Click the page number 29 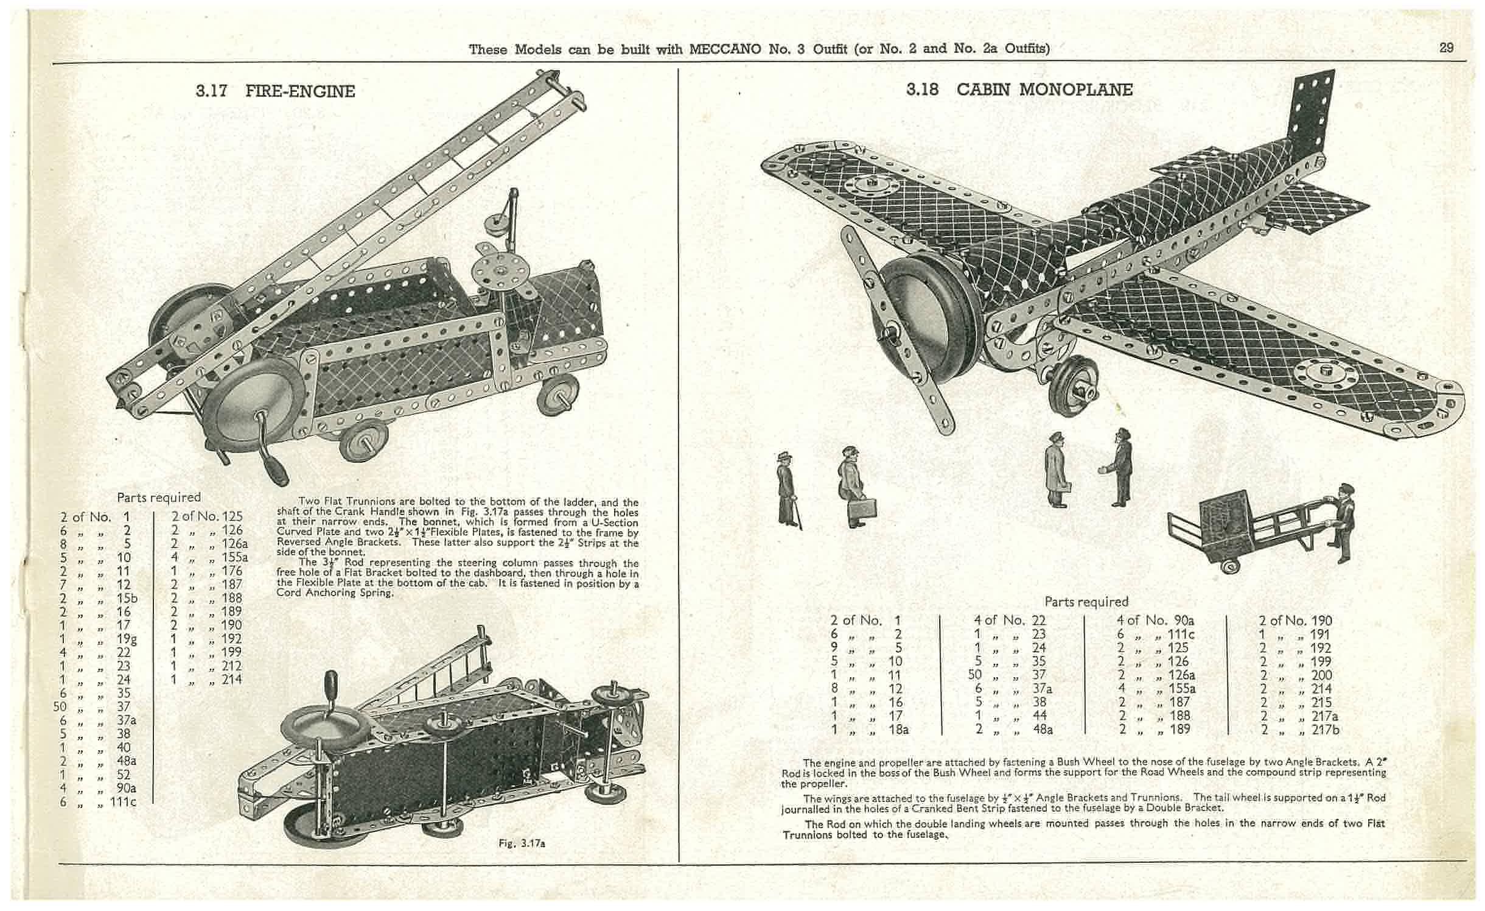point(1447,47)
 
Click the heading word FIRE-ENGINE point(300,91)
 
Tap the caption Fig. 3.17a point(522,843)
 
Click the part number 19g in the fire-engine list point(127,638)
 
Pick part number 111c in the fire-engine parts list point(123,801)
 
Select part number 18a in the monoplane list point(898,729)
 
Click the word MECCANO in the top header point(726,49)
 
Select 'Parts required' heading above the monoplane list point(1086,602)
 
